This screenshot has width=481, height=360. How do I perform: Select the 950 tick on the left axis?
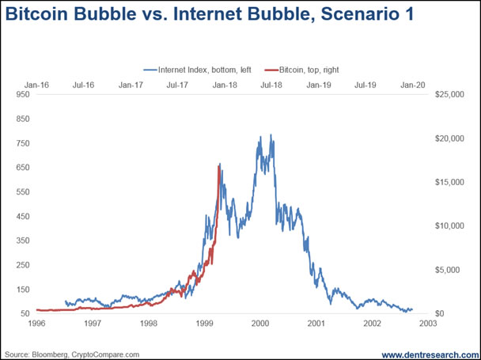(x=22, y=95)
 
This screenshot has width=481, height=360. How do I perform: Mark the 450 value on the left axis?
(x=22, y=217)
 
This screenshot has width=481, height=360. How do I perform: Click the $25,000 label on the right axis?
(x=449, y=95)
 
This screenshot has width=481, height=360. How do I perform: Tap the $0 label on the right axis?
(x=441, y=314)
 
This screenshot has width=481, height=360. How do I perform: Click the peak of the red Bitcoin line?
(x=219, y=164)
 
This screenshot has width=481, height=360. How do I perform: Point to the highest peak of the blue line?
(x=271, y=135)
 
